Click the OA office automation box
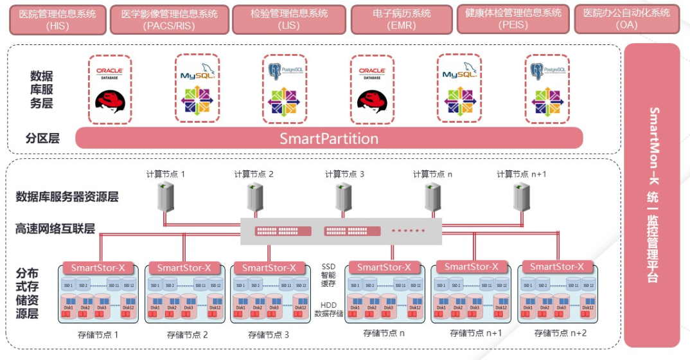click(x=626, y=19)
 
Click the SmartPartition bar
click(x=329, y=138)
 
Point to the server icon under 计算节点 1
click(x=166, y=197)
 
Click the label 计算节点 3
click(x=344, y=174)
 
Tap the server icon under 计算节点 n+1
click(x=520, y=197)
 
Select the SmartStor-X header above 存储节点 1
click(x=98, y=267)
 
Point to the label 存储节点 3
click(x=268, y=334)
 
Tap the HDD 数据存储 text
click(x=328, y=309)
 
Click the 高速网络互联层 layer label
click(x=55, y=228)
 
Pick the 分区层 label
click(x=42, y=138)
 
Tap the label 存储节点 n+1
click(x=475, y=333)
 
